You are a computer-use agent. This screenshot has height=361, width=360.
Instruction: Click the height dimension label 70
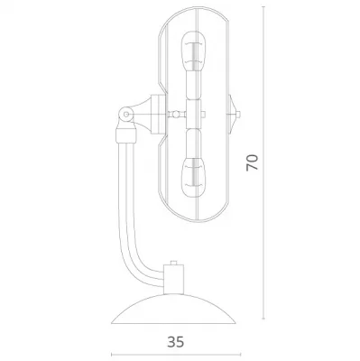click(252, 162)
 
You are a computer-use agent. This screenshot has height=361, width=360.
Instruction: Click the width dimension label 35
click(176, 342)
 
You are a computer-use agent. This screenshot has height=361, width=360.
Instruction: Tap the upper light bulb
click(194, 51)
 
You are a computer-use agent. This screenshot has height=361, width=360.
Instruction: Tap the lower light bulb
click(194, 177)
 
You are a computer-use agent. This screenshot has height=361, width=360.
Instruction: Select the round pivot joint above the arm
click(126, 115)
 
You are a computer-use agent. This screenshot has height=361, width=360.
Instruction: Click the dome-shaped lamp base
click(173, 309)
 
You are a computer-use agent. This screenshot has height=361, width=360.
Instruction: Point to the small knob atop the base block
click(173, 263)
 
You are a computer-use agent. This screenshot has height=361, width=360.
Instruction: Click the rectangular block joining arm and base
click(173, 280)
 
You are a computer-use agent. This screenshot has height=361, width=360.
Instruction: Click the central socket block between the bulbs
click(194, 115)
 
